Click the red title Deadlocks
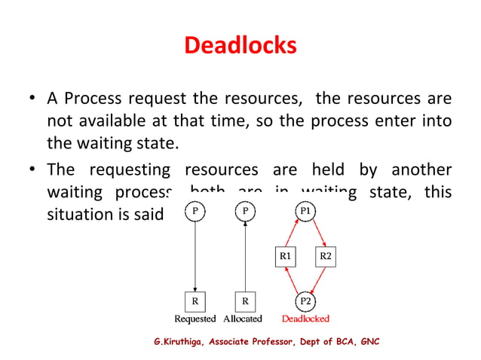pos(240,47)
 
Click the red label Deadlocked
pos(305,319)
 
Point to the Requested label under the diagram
pos(195,319)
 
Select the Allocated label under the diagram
pos(243,319)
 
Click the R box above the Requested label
pos(195,301)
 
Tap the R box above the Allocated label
pos(245,301)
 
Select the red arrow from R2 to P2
pos(318,280)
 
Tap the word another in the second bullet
pos(418,170)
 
